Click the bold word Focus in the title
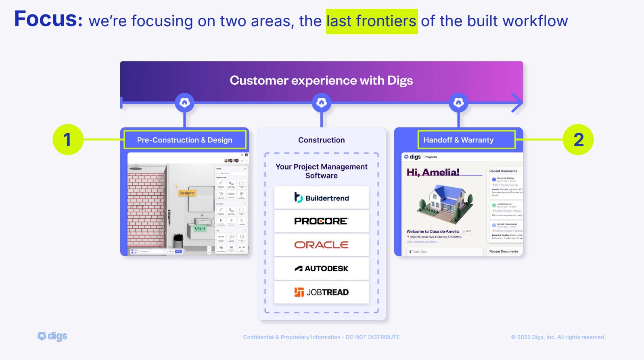(x=48, y=19)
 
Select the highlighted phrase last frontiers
(x=371, y=21)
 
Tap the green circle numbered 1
(x=68, y=140)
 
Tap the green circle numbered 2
(x=578, y=140)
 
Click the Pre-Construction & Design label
(x=184, y=140)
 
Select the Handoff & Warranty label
(x=458, y=140)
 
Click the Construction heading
(x=321, y=140)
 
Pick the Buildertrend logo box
(x=321, y=198)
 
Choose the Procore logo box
(x=321, y=221)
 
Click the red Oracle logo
(x=321, y=245)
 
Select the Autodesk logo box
(x=321, y=268)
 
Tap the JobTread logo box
(x=321, y=292)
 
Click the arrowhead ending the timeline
(x=517, y=103)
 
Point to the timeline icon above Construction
(x=321, y=103)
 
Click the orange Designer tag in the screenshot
(x=187, y=193)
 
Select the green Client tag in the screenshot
(x=200, y=228)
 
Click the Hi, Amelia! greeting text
(x=433, y=172)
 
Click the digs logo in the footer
(x=52, y=336)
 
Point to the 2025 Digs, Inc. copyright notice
(x=558, y=337)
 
